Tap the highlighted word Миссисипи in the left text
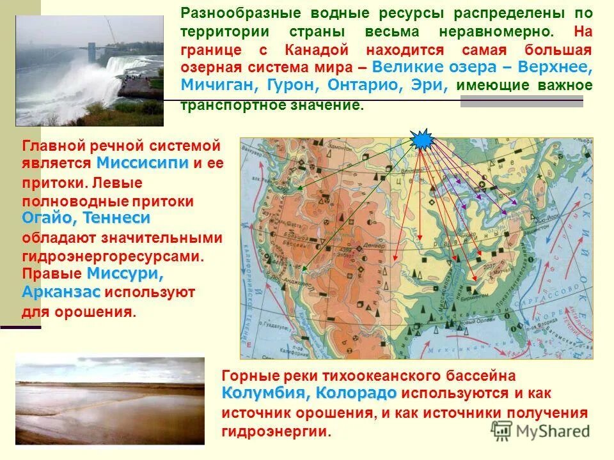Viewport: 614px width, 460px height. (x=143, y=162)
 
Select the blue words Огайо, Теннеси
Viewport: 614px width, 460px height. (x=86, y=218)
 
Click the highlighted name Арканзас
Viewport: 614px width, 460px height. (x=61, y=292)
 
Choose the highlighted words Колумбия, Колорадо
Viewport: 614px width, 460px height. (x=310, y=392)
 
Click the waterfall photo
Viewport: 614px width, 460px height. (x=89, y=71)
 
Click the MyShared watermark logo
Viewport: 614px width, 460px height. (x=540, y=429)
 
